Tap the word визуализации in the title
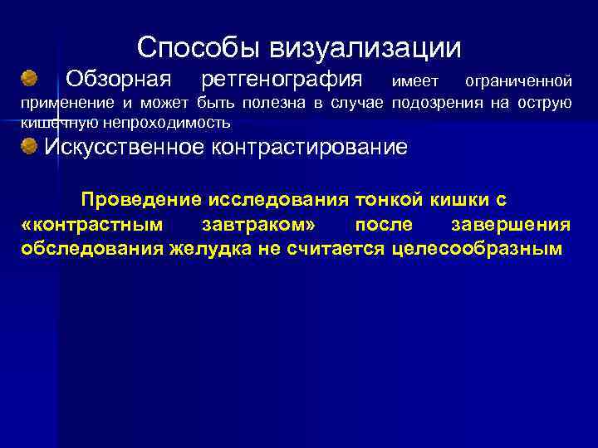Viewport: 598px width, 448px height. [365, 47]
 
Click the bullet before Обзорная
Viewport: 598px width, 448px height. [30, 79]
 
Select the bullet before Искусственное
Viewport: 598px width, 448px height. [30, 147]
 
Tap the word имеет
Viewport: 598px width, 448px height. [414, 81]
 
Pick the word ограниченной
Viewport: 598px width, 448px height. [518, 81]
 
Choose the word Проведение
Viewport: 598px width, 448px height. [142, 200]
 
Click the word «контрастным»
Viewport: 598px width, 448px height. [89, 225]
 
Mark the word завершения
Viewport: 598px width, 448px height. [510, 225]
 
